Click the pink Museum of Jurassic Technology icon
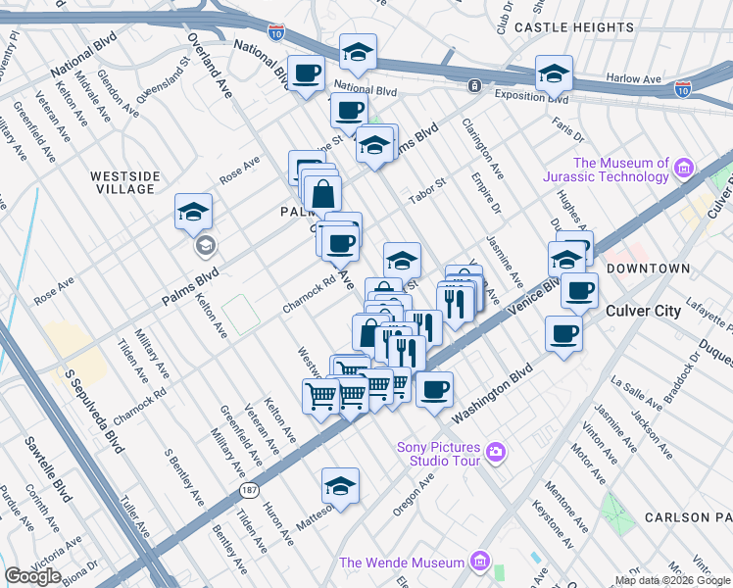tap(683, 170)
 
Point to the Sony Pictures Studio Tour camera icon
tap(496, 452)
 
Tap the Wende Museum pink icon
tap(479, 563)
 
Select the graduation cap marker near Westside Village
tap(193, 212)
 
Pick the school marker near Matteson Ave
tap(340, 486)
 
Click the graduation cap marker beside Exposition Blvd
tap(554, 73)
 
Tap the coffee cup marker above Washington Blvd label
tap(434, 389)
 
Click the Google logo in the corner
tap(32, 576)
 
